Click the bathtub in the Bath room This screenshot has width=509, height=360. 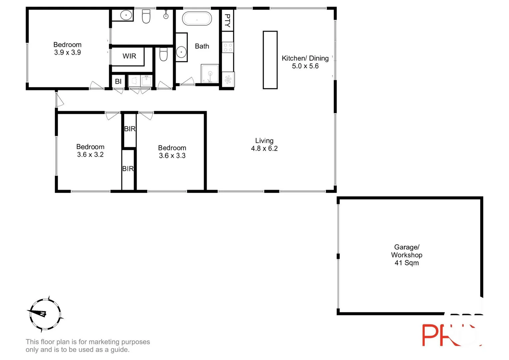197,19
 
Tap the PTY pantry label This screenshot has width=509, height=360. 227,20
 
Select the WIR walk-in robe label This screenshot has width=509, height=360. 129,56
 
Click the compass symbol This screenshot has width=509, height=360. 45,314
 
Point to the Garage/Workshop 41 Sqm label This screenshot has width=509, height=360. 406,255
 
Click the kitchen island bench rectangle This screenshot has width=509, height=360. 270,60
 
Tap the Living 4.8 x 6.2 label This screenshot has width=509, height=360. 264,145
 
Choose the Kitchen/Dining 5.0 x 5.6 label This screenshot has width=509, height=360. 305,62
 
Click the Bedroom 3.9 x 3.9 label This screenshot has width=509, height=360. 67,48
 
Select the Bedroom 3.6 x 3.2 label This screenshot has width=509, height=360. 90,151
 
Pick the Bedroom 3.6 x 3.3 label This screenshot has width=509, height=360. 172,152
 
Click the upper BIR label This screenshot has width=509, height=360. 130,129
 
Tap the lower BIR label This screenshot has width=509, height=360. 128,169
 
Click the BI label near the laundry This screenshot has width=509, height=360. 118,81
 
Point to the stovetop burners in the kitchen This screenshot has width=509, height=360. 228,47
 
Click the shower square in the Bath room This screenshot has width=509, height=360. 210,74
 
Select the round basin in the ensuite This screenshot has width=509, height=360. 126,15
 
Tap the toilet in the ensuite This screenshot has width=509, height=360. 146,16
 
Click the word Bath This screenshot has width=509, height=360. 202,46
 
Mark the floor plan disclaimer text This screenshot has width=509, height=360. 88,346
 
